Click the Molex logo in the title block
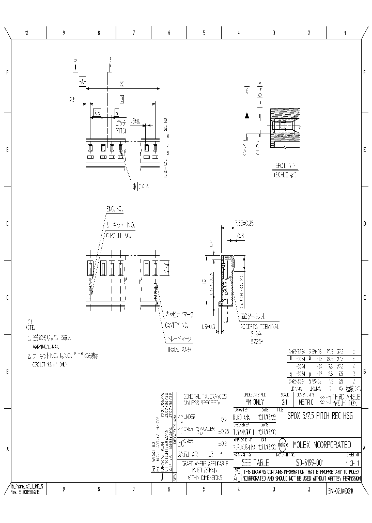coord(283,444)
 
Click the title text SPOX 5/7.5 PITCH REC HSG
coord(320,416)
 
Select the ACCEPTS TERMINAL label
coord(259,327)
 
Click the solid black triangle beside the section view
coord(247,116)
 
